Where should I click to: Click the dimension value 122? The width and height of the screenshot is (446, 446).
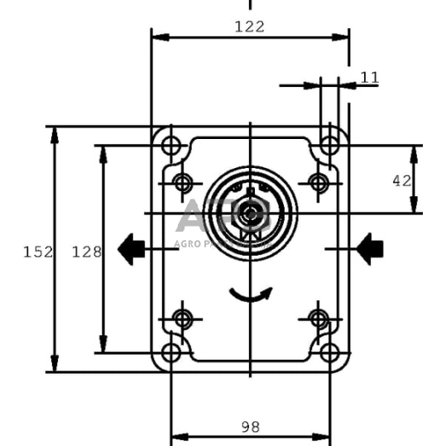tap(249, 26)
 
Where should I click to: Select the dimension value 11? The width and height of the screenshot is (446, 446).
tap(370, 78)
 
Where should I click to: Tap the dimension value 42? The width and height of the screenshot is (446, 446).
tap(401, 180)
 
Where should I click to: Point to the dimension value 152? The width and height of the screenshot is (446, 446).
tap(38, 252)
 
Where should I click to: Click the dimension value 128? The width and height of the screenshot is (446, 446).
tap(86, 252)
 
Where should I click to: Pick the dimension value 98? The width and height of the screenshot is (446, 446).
tap(250, 427)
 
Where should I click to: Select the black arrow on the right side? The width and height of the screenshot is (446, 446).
tap(370, 247)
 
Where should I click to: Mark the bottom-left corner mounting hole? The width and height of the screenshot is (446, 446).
tap(171, 353)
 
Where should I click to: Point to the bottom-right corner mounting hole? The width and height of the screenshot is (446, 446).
tap(329, 353)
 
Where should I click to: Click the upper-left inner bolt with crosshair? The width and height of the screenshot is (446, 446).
tap(184, 181)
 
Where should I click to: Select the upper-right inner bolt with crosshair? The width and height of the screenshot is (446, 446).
tap(318, 181)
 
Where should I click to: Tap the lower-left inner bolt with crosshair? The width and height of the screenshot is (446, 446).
tap(184, 318)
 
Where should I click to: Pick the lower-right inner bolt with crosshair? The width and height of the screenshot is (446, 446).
tap(318, 318)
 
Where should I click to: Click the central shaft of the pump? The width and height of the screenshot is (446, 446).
tap(250, 213)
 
